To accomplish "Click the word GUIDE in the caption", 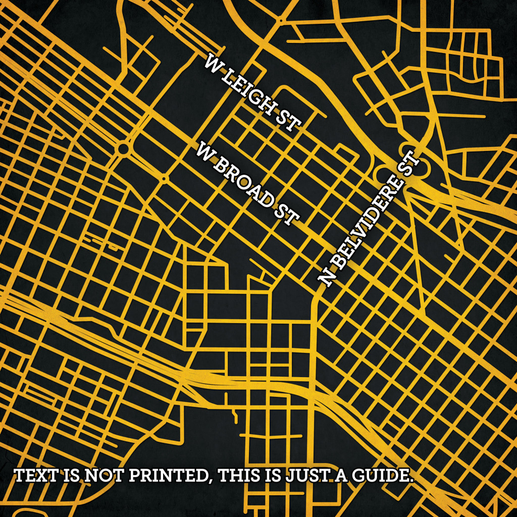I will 381,476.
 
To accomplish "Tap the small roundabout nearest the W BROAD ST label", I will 165,178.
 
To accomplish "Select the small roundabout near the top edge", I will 279,20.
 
